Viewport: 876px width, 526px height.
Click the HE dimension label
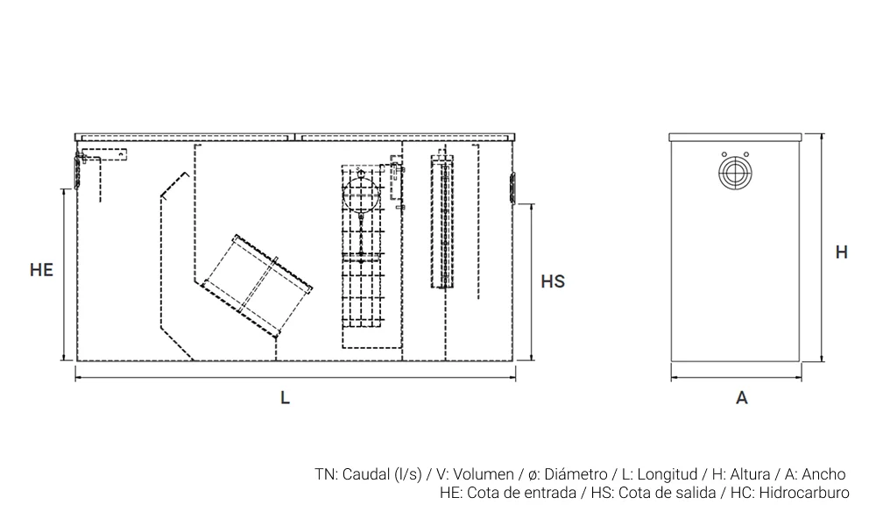[x=41, y=270]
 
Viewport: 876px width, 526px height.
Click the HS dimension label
[x=553, y=281]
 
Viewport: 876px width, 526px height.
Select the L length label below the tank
[x=285, y=397]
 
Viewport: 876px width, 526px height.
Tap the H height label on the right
[x=841, y=252]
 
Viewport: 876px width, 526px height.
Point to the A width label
[x=742, y=398]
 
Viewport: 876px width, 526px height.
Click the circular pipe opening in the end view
[x=735, y=171]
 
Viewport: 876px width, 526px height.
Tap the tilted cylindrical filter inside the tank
[x=258, y=286]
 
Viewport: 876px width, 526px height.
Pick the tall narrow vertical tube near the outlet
[x=443, y=223]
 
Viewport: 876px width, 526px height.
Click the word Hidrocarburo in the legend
[x=805, y=493]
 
